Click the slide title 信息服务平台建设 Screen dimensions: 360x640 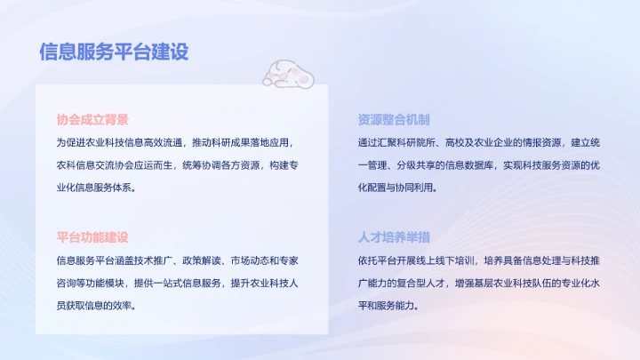[x=114, y=52]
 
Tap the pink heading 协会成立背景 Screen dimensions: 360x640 [x=92, y=119]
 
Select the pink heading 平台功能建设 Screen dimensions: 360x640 [x=92, y=237]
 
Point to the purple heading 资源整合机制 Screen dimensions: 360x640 [x=394, y=119]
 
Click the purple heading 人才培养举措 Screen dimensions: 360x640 [x=394, y=237]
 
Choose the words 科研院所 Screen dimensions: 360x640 [x=431, y=142]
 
